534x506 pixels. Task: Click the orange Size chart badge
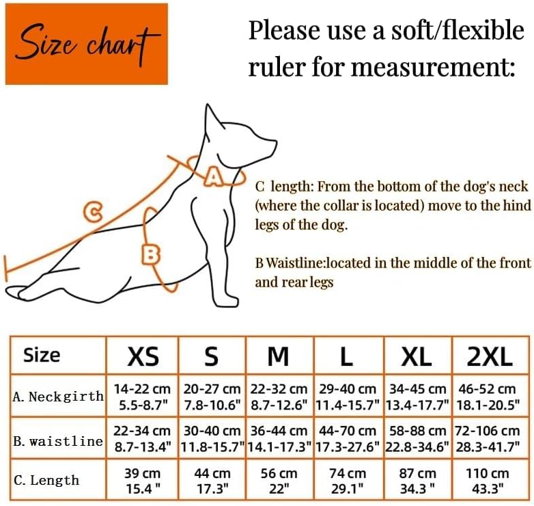(x=87, y=44)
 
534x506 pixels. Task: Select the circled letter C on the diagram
(x=93, y=212)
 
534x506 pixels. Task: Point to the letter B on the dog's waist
(x=150, y=254)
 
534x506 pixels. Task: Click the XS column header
(x=143, y=356)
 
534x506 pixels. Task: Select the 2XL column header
(x=490, y=356)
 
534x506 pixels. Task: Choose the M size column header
(x=278, y=356)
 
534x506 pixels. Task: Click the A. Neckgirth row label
(x=58, y=396)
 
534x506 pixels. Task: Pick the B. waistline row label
(x=58, y=441)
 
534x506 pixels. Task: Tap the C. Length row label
(x=46, y=480)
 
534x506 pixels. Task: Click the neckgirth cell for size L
(x=348, y=397)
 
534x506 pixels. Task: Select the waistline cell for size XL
(x=417, y=438)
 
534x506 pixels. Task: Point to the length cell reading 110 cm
(x=488, y=481)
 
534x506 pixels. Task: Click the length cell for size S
(x=212, y=481)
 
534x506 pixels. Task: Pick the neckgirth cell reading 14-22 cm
(x=142, y=397)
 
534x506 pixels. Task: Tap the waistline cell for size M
(x=279, y=438)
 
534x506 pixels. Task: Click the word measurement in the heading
(x=432, y=66)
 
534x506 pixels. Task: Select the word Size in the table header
(x=42, y=356)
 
